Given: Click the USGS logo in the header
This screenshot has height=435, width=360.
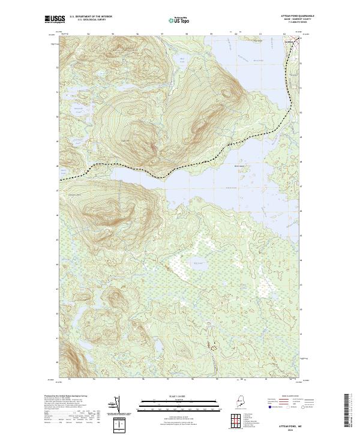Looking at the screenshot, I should pyautogui.click(x=55, y=19).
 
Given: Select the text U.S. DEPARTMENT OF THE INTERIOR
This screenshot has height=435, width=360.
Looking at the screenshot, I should pyautogui.click(x=91, y=16).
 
